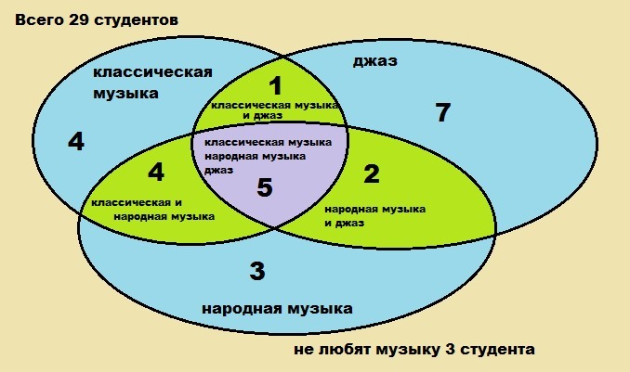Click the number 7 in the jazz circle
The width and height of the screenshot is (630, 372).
[443, 114]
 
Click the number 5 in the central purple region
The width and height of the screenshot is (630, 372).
[265, 189]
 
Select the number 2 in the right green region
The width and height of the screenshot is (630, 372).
[373, 174]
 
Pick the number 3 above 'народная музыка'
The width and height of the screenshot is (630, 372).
[258, 272]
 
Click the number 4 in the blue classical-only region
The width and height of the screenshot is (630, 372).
[76, 142]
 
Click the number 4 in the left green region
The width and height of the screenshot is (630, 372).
[155, 173]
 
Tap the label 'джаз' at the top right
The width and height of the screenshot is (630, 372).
[375, 61]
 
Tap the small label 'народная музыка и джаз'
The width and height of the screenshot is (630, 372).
[374, 215]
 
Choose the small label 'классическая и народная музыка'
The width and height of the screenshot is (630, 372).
[152, 209]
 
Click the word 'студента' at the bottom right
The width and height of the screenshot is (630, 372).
[503, 351]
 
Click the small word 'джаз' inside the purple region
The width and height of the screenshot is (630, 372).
[218, 171]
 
